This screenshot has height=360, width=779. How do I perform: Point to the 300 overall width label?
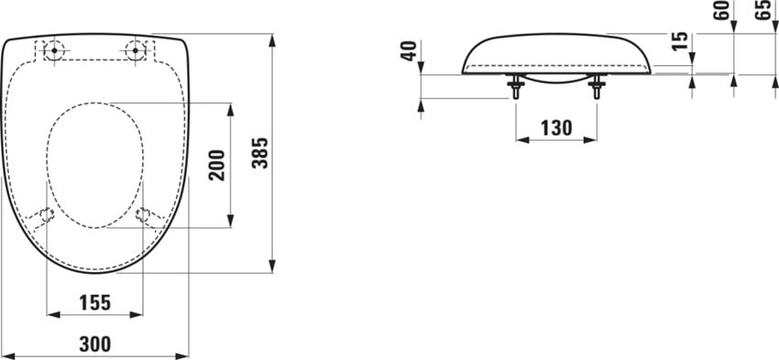pyautogui.click(x=94, y=344)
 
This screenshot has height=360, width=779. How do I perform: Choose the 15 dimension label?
pyautogui.click(x=679, y=42)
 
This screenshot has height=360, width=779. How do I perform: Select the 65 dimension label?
pyautogui.click(x=763, y=14)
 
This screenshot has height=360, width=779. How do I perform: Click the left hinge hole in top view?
pyautogui.click(x=53, y=49)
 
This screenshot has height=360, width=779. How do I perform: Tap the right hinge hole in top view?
pyautogui.click(x=138, y=49)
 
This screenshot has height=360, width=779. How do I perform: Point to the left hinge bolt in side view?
pyautogui.click(x=515, y=89)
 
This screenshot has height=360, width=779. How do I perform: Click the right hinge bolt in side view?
pyautogui.click(x=597, y=89)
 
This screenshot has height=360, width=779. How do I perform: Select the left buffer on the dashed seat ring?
pyautogui.click(x=46, y=215)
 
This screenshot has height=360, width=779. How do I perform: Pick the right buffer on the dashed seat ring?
pyautogui.click(x=144, y=215)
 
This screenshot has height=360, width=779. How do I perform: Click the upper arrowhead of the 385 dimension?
pyautogui.click(x=273, y=40)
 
